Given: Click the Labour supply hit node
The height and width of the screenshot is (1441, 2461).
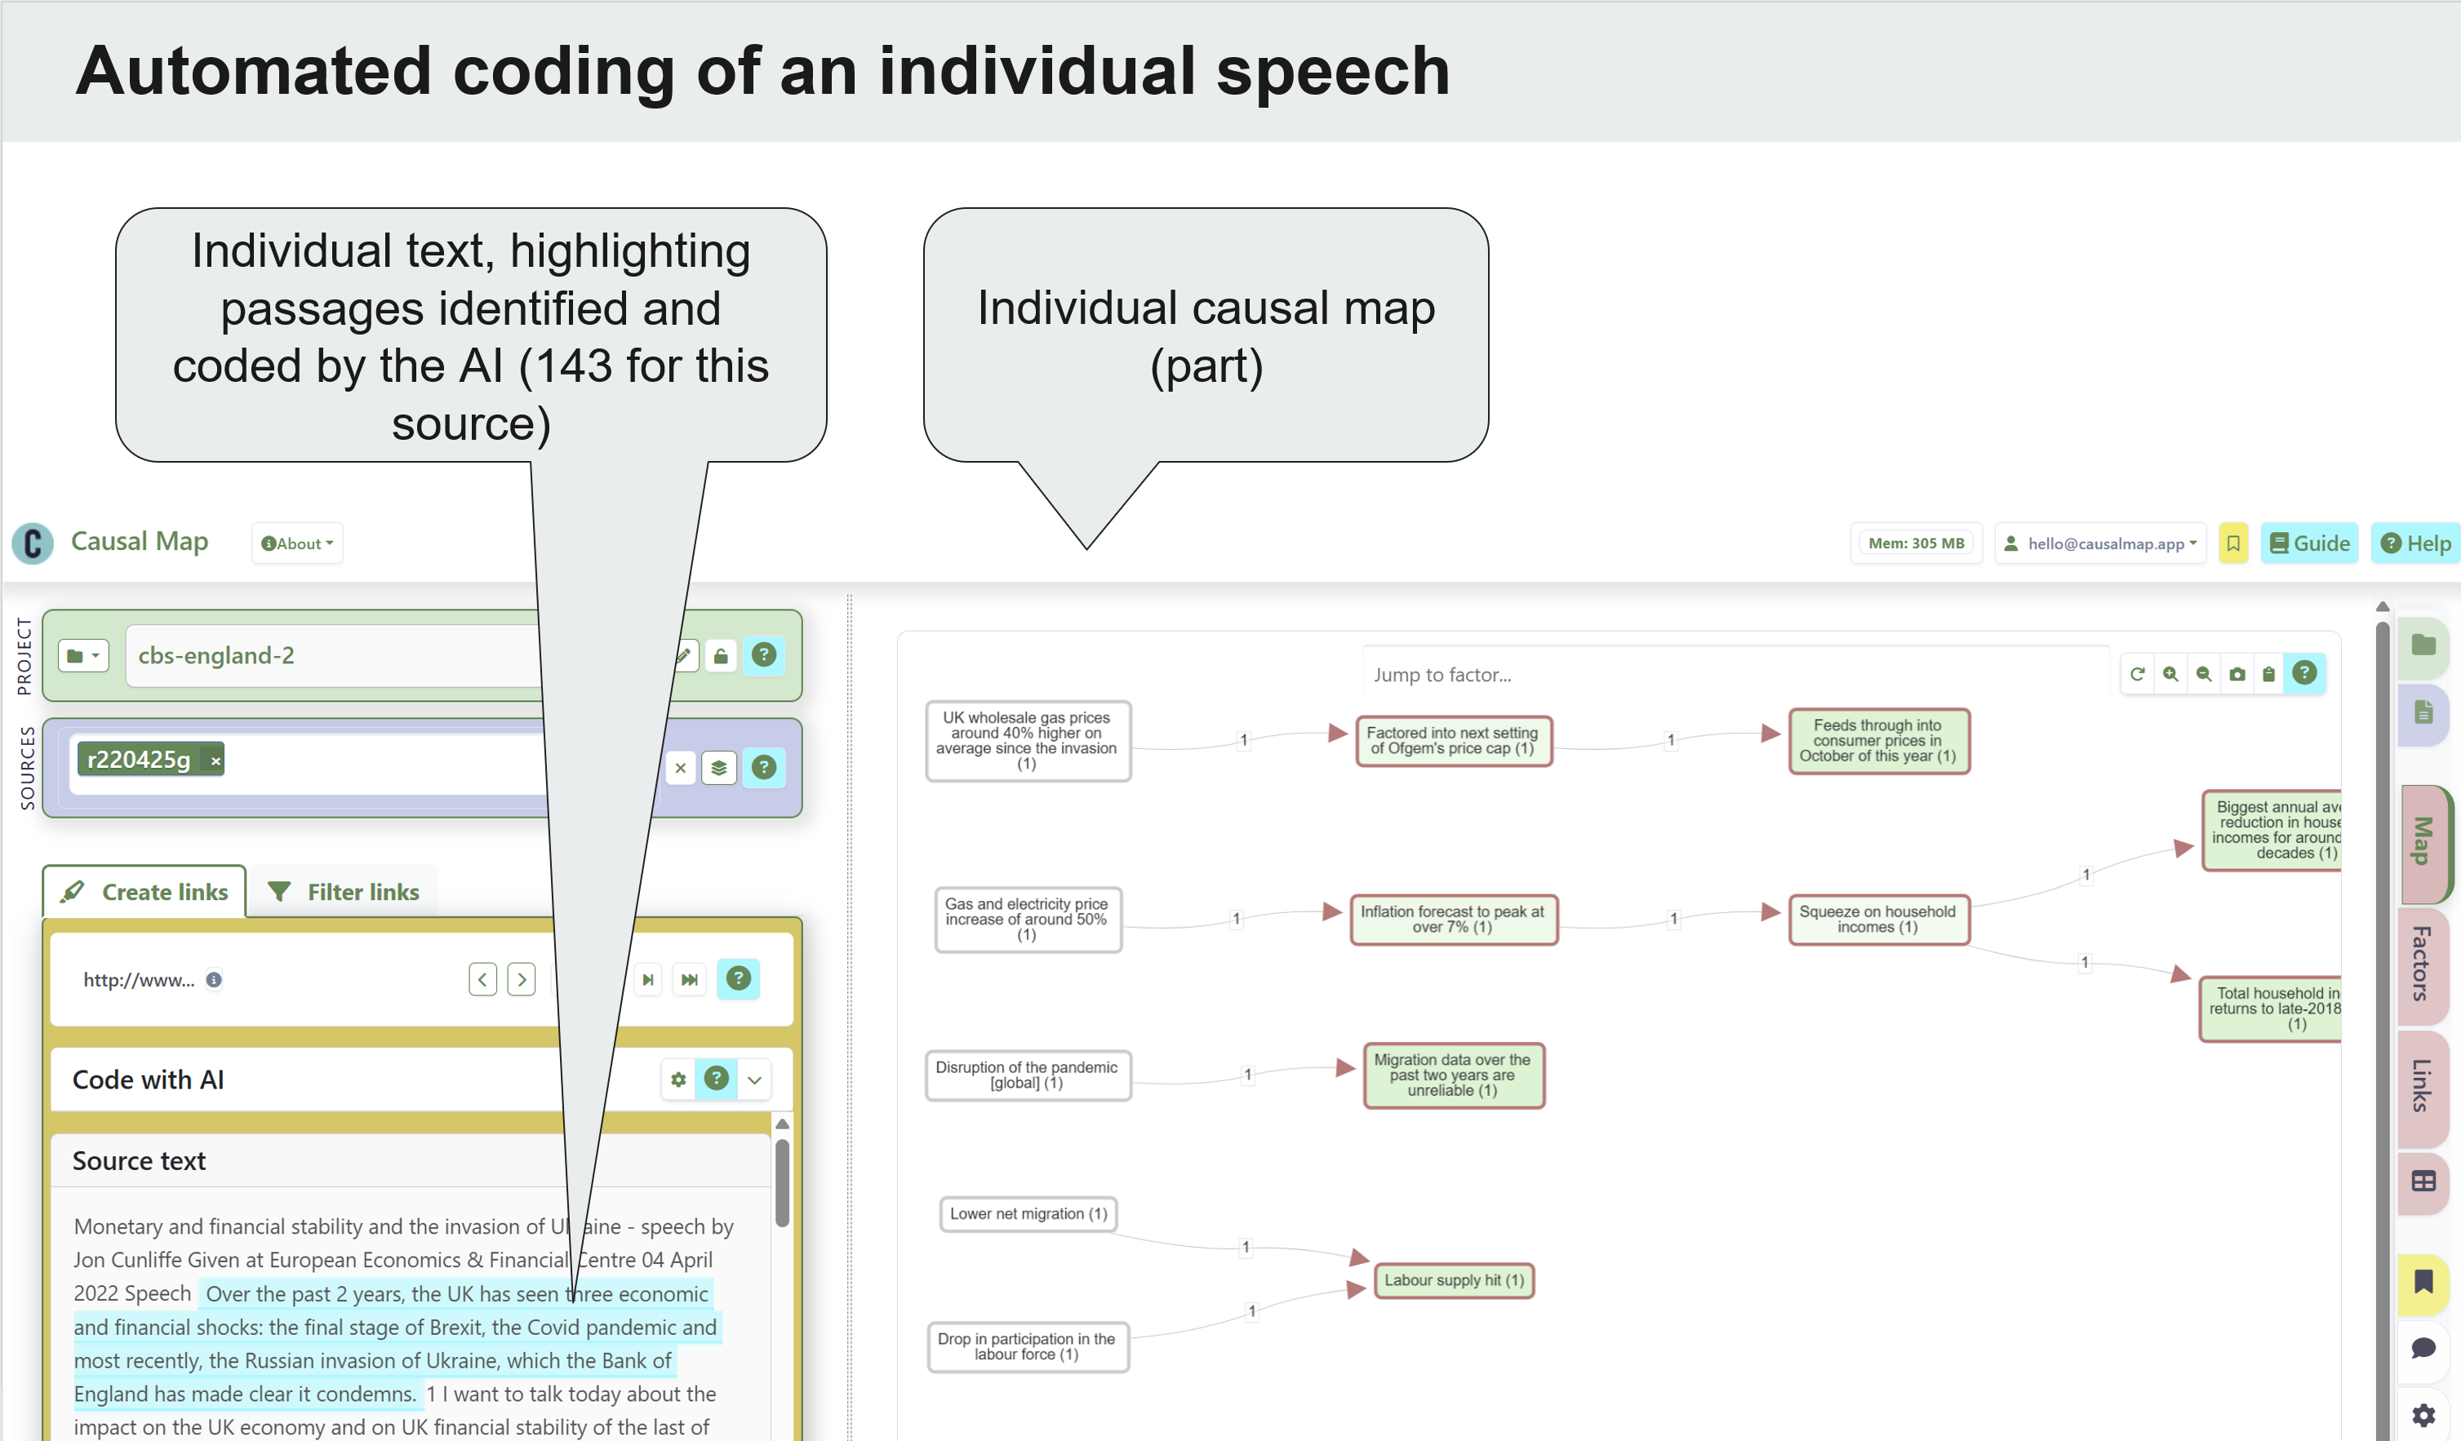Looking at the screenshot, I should [1453, 1280].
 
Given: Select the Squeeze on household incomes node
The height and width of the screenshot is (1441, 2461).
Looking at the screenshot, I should [1877, 919].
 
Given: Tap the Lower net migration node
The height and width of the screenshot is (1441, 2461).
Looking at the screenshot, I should [1028, 1213].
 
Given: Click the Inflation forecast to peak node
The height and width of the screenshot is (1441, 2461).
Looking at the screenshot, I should [1452, 919].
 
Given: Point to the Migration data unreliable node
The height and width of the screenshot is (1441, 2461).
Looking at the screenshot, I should [1452, 1075].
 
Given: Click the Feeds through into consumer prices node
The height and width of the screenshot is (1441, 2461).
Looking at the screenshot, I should [1877, 740].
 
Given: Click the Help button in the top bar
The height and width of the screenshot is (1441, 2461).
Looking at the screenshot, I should [2415, 543].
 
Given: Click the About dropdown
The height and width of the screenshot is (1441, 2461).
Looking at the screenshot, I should [298, 543].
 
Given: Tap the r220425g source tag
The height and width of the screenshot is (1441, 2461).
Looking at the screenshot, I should [139, 760].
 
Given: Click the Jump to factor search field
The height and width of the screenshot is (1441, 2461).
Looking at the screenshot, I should [1729, 675].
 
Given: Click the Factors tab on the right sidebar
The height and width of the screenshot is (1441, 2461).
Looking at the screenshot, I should [2422, 963].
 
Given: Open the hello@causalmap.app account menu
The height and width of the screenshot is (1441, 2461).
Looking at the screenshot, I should [2099, 543].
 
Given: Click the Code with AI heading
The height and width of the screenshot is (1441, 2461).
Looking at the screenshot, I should [149, 1079].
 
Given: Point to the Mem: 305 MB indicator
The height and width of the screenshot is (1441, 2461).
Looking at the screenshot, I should [1915, 543].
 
